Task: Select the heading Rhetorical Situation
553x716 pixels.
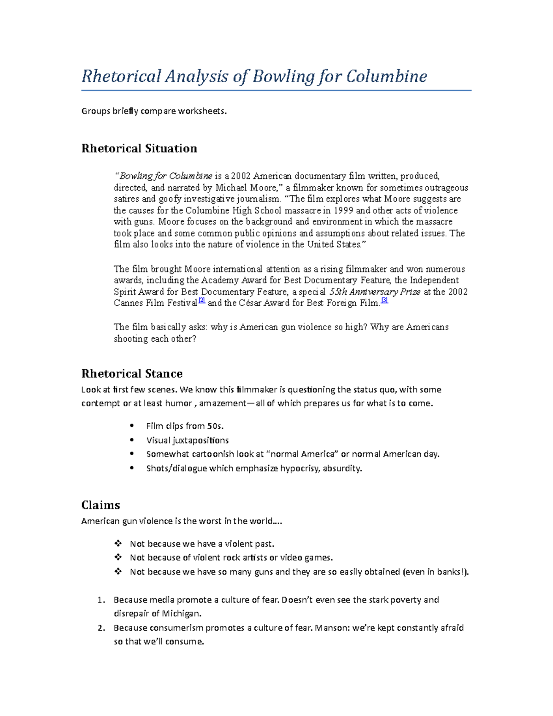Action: (x=139, y=148)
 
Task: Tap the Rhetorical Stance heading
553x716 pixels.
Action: (x=132, y=373)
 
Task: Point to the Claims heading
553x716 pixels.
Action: (x=100, y=505)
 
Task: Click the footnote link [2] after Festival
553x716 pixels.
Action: (x=201, y=301)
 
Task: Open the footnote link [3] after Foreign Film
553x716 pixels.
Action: (x=385, y=301)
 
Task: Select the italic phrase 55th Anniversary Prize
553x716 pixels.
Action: (x=375, y=292)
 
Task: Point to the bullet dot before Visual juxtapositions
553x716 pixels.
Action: (x=132, y=440)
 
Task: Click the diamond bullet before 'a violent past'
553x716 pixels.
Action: (x=118, y=544)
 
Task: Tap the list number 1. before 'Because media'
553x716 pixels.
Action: (x=101, y=600)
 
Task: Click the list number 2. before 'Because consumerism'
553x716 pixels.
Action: (x=101, y=628)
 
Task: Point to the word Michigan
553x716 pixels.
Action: (x=181, y=614)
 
